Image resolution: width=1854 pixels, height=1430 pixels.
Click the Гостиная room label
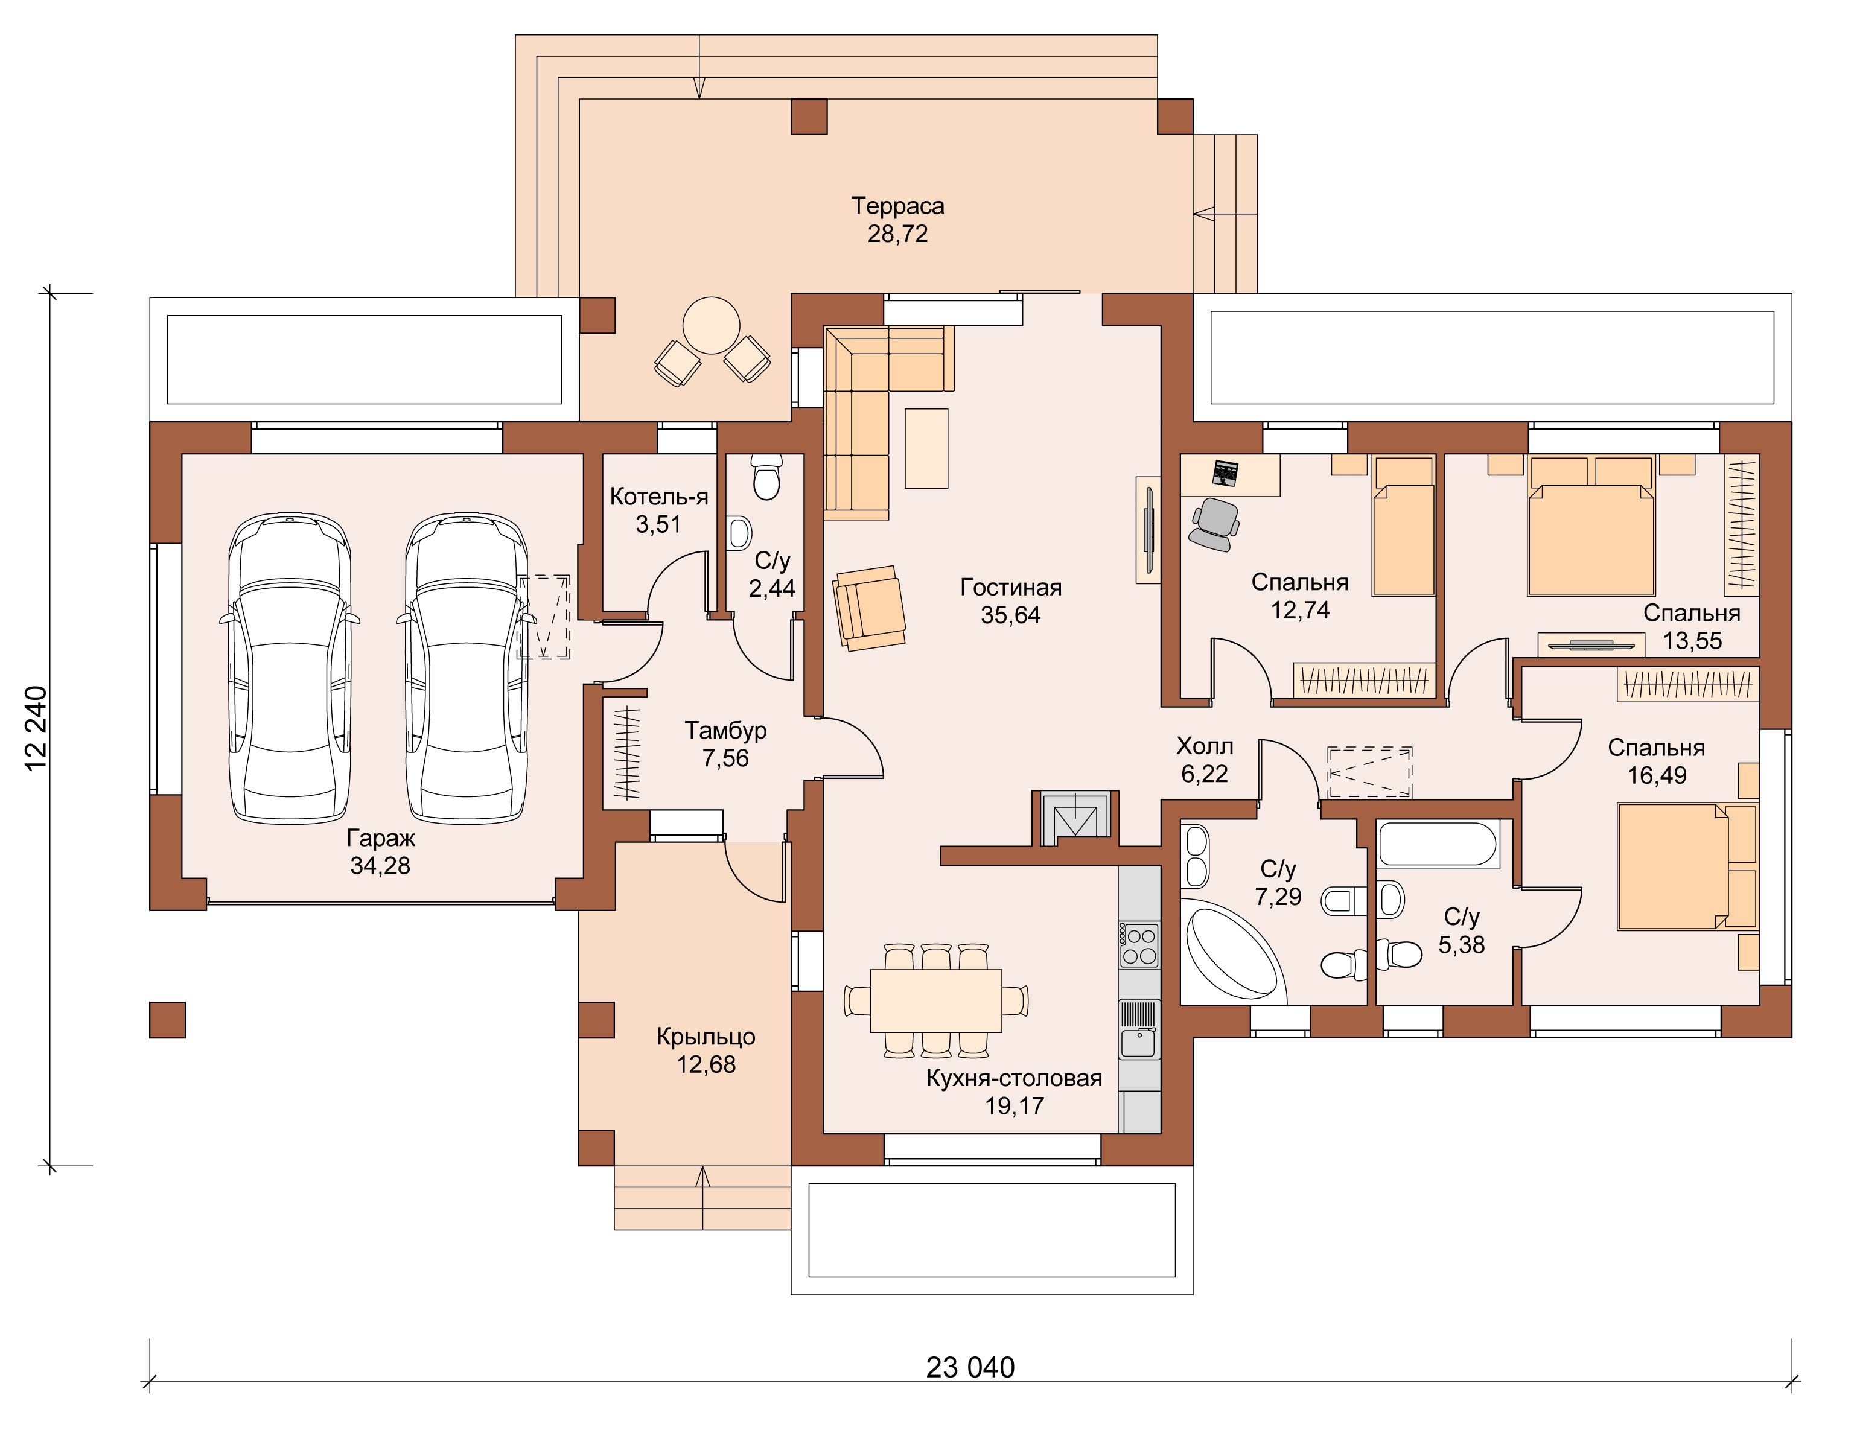point(1010,587)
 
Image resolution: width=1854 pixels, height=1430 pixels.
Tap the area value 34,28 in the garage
point(380,866)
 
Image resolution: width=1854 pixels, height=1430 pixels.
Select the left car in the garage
point(290,669)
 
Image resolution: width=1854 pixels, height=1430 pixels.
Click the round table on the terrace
point(712,326)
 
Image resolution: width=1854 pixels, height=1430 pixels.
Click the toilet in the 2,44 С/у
point(766,477)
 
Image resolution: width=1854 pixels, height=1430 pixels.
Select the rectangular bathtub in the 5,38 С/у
point(1438,844)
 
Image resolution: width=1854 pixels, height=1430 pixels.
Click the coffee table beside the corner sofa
point(926,448)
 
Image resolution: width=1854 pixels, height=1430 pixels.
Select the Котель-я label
point(659,497)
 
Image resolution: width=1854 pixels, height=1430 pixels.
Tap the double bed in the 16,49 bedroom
point(1687,866)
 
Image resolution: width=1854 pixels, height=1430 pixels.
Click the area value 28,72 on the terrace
point(897,234)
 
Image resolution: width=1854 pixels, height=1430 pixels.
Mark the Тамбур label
point(726,730)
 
